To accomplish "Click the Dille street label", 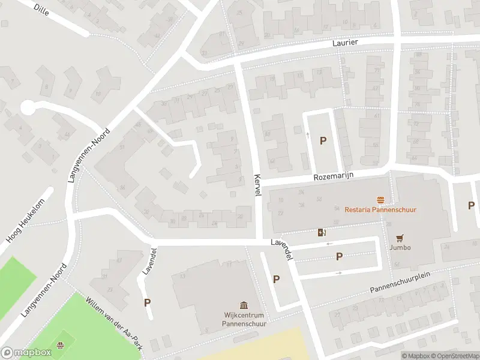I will pos(41,9).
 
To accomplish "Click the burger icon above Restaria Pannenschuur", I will pos(380,200).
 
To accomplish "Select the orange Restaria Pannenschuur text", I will pos(380,209).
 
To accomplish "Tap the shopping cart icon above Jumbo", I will pos(399,238).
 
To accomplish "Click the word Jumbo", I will pos(399,248).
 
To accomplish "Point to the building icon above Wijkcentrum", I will pos(244,305).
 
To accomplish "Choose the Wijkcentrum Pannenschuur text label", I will pos(244,318).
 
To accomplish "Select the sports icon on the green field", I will pos(59,345).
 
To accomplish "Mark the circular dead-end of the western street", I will pos(27,107).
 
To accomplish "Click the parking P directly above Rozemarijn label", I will pos(323,141).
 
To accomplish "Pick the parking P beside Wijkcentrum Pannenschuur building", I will pos(277,279).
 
